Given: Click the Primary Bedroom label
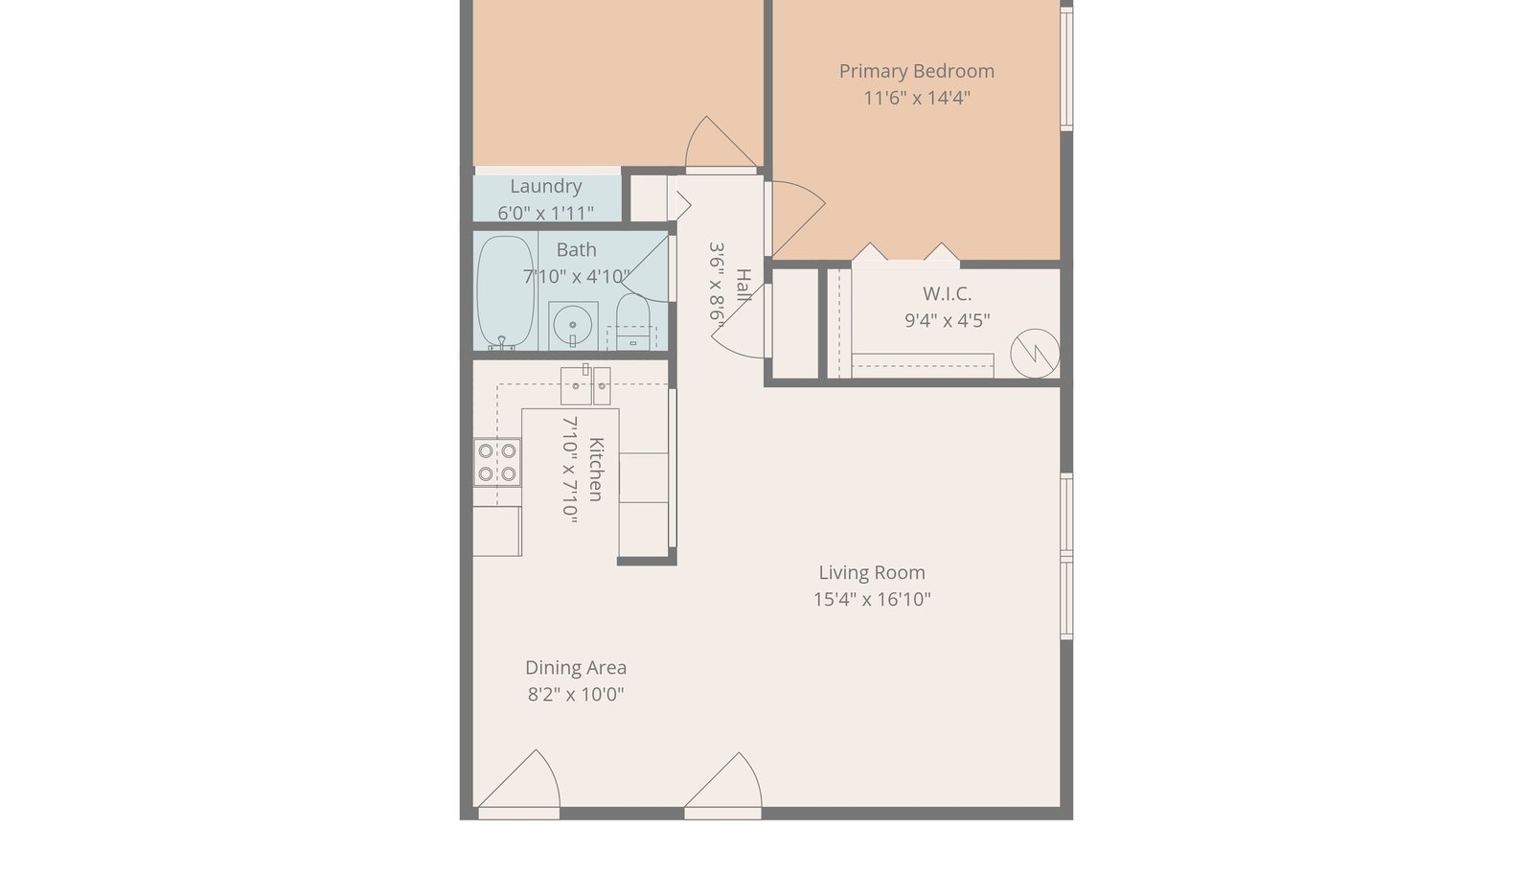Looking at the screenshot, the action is pyautogui.click(x=916, y=71).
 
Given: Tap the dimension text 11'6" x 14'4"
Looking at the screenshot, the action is pyautogui.click(x=916, y=98).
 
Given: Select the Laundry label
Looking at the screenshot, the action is pyautogui.click(x=545, y=187).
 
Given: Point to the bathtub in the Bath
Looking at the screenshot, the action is pyautogui.click(x=505, y=293).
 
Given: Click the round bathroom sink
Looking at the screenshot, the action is pyautogui.click(x=572, y=326).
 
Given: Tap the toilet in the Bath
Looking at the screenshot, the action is pyautogui.click(x=632, y=322).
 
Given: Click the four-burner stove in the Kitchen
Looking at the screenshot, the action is pyautogui.click(x=497, y=462).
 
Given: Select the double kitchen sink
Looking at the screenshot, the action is pyautogui.click(x=585, y=385).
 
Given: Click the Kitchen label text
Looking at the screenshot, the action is pyautogui.click(x=596, y=470).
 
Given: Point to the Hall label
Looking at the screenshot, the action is pyautogui.click(x=744, y=286).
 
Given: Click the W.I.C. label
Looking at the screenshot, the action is pyautogui.click(x=948, y=293).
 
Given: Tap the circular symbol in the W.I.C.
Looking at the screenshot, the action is pyautogui.click(x=1035, y=354).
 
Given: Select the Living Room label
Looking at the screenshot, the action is pyautogui.click(x=872, y=572).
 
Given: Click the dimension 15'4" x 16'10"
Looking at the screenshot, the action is pyautogui.click(x=872, y=600).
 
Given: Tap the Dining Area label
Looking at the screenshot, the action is pyautogui.click(x=576, y=668).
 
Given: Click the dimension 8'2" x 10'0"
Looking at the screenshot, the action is pyautogui.click(x=576, y=695).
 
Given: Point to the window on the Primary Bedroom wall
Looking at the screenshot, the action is pyautogui.click(x=1066, y=68).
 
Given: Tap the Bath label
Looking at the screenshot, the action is pyautogui.click(x=576, y=250).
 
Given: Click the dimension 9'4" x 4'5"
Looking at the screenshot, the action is pyautogui.click(x=948, y=320).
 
